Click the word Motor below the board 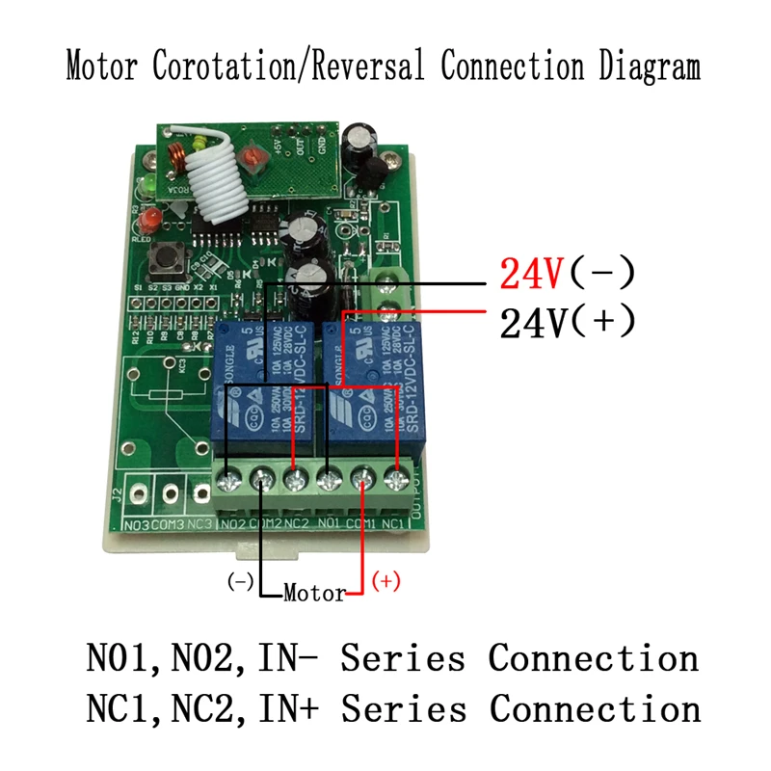(x=314, y=594)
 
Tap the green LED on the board (x=149, y=182)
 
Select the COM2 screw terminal (x=262, y=478)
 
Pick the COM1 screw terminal (x=362, y=477)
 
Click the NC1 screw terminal (x=395, y=477)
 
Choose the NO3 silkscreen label (x=137, y=524)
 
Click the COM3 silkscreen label (x=170, y=524)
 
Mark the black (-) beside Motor (x=240, y=581)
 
